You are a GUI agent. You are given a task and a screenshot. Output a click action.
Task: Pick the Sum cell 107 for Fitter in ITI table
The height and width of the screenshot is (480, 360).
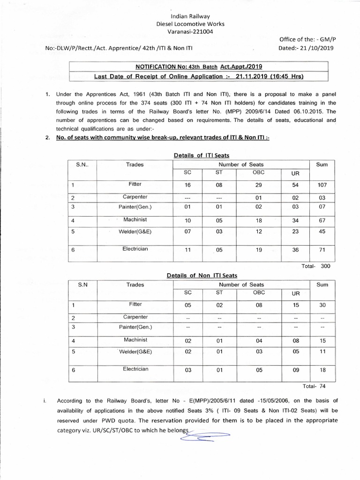point(322,185)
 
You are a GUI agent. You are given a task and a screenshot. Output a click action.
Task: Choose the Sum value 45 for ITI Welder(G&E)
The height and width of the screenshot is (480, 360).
point(322,232)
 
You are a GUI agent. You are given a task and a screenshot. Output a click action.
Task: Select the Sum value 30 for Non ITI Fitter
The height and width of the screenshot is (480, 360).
point(322,306)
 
